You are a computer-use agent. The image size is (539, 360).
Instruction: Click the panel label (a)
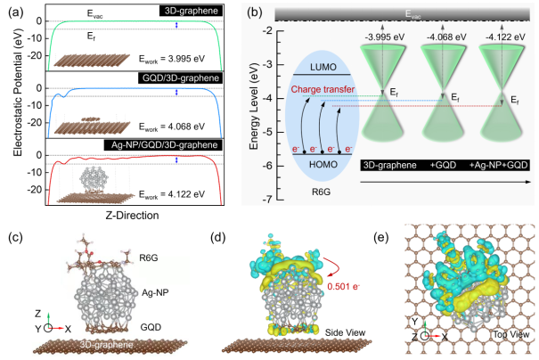(x=14, y=12)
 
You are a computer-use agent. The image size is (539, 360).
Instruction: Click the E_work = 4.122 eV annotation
(x=171, y=194)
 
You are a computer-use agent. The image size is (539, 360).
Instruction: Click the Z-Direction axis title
(x=130, y=215)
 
